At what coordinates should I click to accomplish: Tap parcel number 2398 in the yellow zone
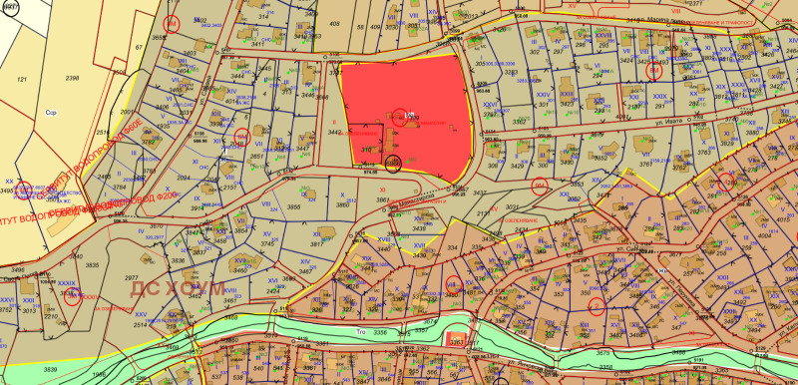point(72,77)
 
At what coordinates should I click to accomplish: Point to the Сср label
point(52,113)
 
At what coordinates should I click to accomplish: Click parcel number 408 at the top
point(334,24)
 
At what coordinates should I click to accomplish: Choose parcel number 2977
point(131,279)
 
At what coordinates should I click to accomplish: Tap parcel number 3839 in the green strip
point(50,370)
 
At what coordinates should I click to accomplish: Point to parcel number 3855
point(294,205)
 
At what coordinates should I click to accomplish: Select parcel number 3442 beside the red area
point(335,132)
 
